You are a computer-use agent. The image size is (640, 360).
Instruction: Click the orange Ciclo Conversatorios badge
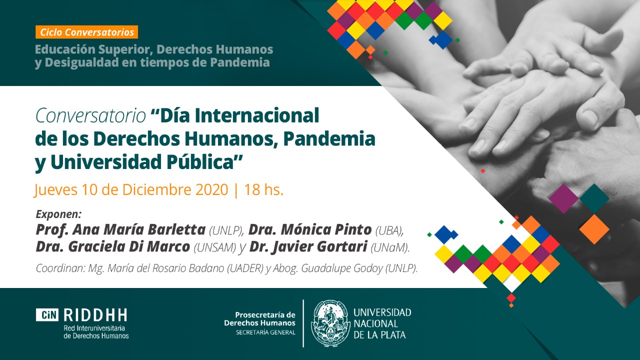87,32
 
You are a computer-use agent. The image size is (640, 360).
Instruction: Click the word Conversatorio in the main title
90,115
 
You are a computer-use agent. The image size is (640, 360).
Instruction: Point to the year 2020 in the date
211,189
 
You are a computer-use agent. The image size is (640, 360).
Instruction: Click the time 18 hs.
263,189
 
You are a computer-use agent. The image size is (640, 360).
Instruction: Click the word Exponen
59,214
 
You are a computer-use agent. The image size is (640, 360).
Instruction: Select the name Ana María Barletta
139,229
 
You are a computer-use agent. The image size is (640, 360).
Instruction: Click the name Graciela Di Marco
129,247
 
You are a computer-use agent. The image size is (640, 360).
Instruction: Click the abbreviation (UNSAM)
215,247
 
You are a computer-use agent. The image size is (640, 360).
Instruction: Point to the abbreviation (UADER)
245,268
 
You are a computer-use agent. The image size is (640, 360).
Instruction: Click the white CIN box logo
47,315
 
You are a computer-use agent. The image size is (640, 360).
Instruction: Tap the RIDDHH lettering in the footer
95,315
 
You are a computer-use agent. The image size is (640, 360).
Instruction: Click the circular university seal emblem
331,323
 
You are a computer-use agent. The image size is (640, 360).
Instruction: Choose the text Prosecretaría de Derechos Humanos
259,319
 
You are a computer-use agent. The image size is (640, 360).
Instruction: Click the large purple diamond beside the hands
563,198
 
